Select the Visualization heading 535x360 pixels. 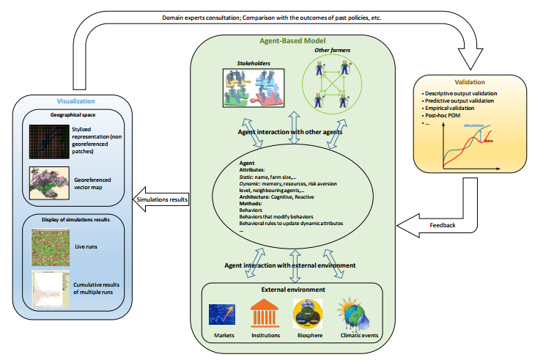point(76,100)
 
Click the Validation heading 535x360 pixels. point(470,82)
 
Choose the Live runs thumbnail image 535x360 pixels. point(48,247)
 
